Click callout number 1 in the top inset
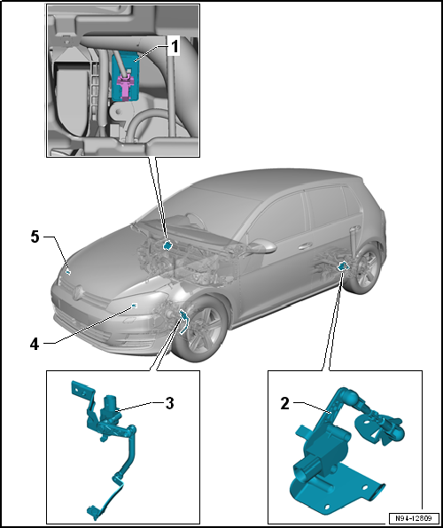pyautogui.click(x=175, y=47)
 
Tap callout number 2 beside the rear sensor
pyautogui.click(x=285, y=404)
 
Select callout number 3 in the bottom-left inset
pyautogui.click(x=169, y=403)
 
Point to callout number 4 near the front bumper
pyautogui.click(x=35, y=345)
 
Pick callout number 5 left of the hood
pyautogui.click(x=35, y=237)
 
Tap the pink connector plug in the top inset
pyautogui.click(x=125, y=87)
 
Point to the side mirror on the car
pyautogui.click(x=264, y=247)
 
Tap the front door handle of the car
pyautogui.click(x=305, y=246)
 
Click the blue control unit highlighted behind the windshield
pyautogui.click(x=167, y=245)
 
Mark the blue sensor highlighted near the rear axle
pyautogui.click(x=343, y=266)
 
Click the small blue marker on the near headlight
pyautogui.click(x=134, y=306)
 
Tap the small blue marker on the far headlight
pyautogui.click(x=68, y=272)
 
